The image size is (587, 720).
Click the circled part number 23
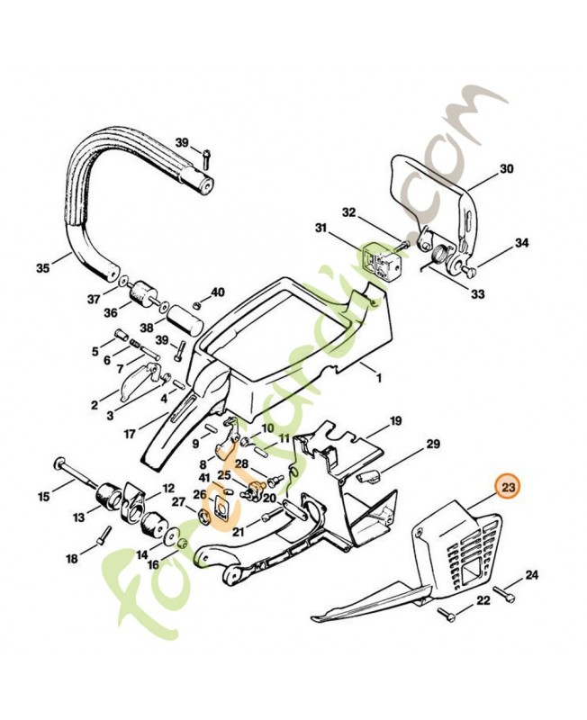coord(509,487)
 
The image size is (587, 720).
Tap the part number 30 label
coord(506,168)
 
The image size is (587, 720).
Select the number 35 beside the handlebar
coord(42,267)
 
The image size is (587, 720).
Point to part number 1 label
coord(379,379)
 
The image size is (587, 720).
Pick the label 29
coord(432,445)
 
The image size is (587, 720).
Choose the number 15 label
coord(43,495)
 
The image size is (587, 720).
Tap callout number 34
coord(522,243)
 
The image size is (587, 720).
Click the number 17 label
coord(130,433)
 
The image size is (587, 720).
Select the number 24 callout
coord(531,574)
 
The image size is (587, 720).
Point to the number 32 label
coord(349,212)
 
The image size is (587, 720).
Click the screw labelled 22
coord(447,615)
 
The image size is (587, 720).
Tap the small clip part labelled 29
coord(370,474)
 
